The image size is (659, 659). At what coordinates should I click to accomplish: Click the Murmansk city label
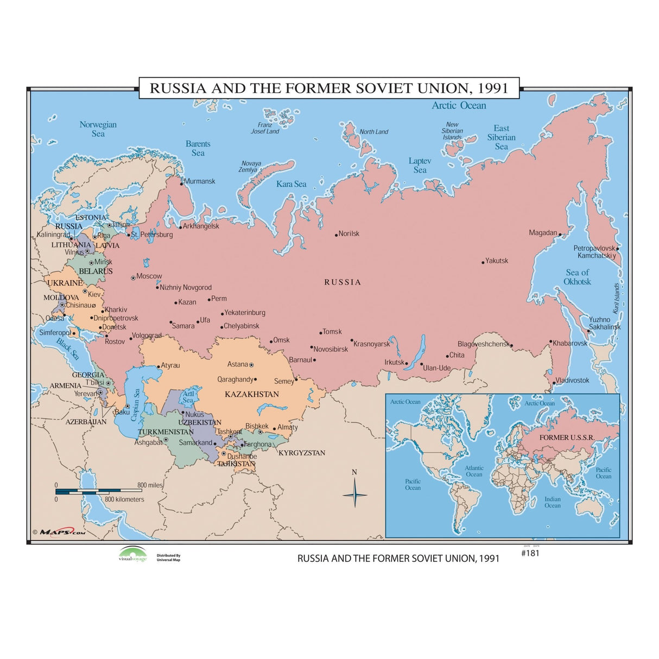point(200,181)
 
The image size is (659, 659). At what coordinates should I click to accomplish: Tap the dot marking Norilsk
point(337,235)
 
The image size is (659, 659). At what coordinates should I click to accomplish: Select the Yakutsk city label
point(497,261)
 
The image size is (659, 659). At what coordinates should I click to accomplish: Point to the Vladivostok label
point(572,380)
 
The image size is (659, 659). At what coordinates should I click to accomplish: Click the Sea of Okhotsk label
point(577,277)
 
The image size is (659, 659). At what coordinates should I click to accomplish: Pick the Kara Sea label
point(291,184)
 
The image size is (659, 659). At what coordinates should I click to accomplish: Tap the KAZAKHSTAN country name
point(252,394)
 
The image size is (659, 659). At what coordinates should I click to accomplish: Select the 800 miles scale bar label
point(150,485)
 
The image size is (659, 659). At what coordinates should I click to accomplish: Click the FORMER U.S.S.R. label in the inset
point(567,437)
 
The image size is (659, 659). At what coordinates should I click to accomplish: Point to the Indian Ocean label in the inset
point(553,502)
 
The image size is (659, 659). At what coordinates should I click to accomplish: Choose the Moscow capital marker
point(133,278)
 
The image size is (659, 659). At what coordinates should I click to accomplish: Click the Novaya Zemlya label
point(250,166)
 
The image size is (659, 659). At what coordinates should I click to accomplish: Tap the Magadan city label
point(543,233)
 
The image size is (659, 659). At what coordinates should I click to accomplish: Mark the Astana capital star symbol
point(251,364)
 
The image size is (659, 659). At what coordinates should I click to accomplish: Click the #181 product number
point(530,553)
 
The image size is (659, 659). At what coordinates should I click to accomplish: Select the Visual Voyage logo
point(133,554)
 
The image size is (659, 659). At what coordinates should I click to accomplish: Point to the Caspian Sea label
point(135,405)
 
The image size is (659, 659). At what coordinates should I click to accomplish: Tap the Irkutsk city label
point(394,362)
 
